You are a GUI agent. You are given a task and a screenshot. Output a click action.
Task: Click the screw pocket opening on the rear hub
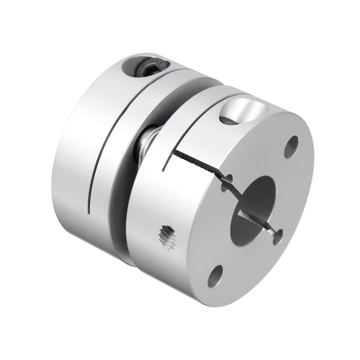144,67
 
